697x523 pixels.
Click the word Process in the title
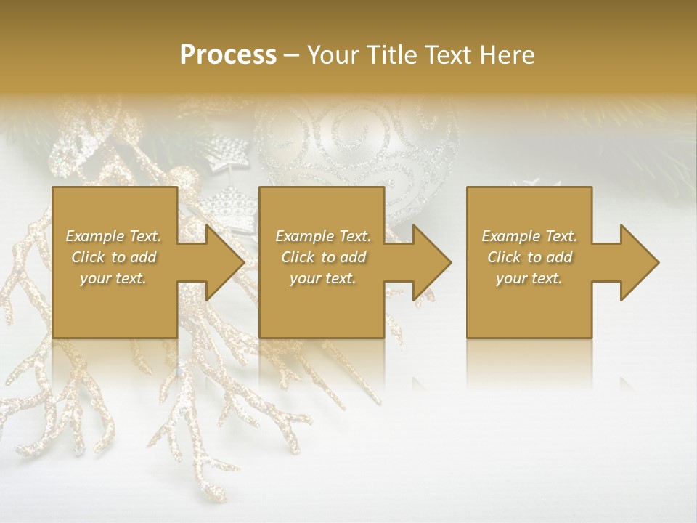(x=228, y=55)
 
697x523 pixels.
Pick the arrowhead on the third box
(x=639, y=262)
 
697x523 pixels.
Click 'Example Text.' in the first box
(x=113, y=236)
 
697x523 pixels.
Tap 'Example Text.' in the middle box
(x=323, y=236)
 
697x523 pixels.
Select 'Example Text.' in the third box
(x=529, y=236)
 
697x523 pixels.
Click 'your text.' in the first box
(x=113, y=278)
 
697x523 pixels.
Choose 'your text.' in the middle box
(x=323, y=278)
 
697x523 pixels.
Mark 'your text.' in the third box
(x=529, y=278)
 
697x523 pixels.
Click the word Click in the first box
(x=88, y=257)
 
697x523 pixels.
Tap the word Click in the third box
(x=504, y=257)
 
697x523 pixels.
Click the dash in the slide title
(x=292, y=56)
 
